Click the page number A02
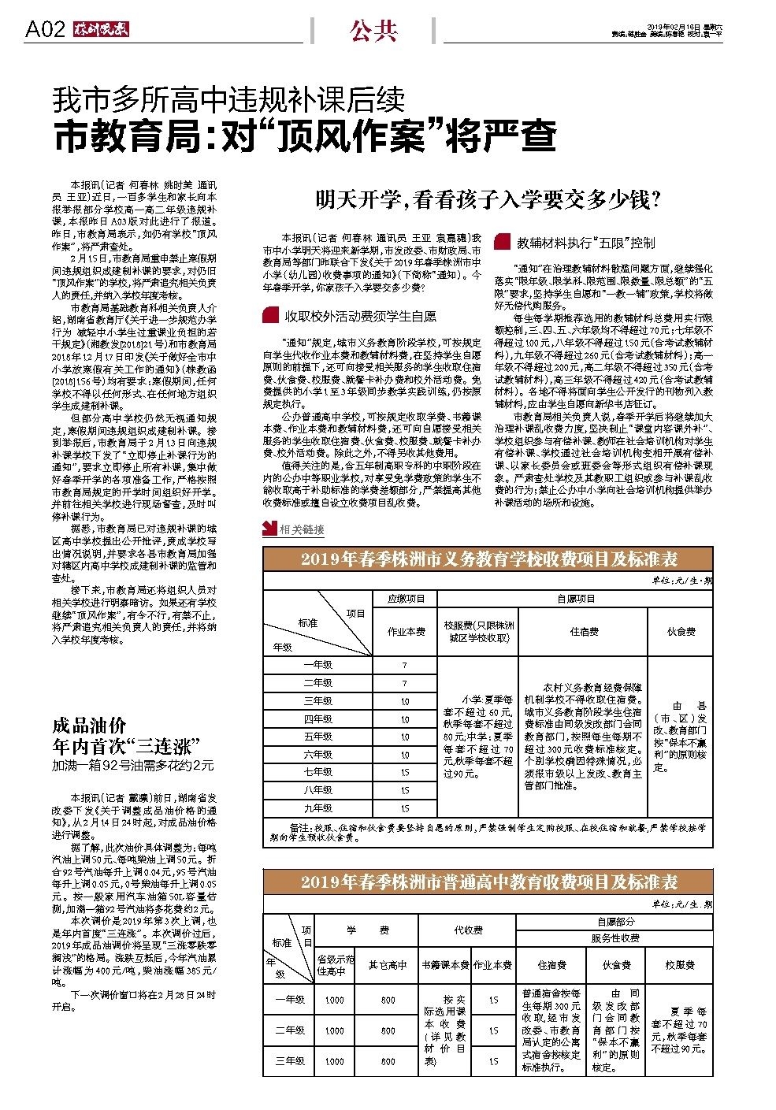click(44, 30)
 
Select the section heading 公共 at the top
click(373, 31)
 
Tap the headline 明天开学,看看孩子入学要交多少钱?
click(488, 200)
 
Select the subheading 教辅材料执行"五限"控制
click(585, 243)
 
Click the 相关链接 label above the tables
click(301, 529)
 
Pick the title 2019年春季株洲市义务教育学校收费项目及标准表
click(488, 559)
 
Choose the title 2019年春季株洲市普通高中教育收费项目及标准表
click(488, 881)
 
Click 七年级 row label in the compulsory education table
click(317, 771)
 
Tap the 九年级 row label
click(317, 807)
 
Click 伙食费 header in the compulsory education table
click(680, 631)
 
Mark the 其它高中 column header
click(388, 964)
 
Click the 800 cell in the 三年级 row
click(388, 1060)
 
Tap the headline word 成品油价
click(89, 726)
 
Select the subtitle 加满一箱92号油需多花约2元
click(133, 764)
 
